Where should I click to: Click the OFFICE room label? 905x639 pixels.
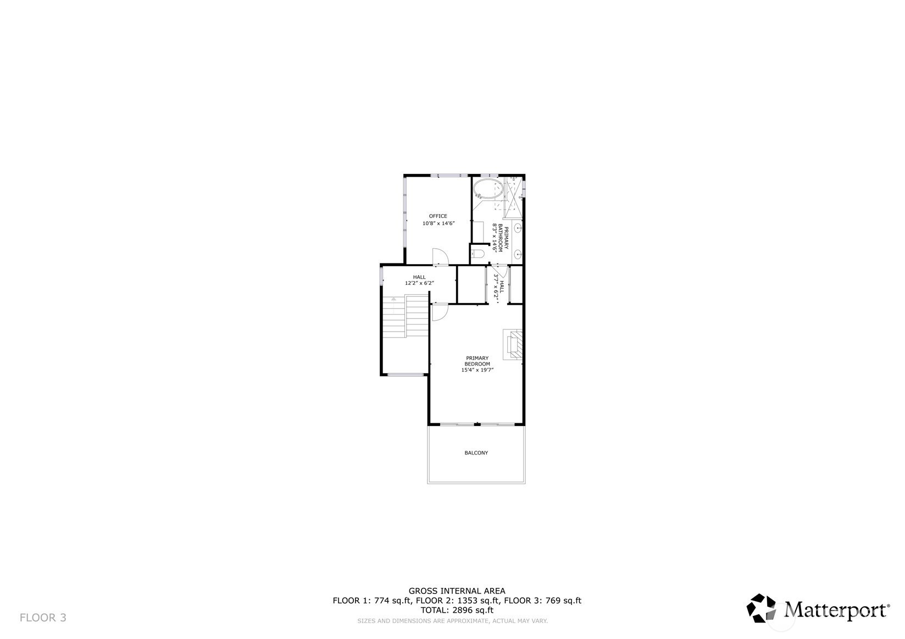click(438, 216)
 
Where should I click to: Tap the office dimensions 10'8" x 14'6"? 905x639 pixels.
click(439, 223)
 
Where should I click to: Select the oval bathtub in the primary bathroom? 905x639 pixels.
click(488, 189)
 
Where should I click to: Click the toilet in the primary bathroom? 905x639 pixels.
click(478, 254)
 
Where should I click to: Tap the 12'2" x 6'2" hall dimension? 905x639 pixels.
click(419, 283)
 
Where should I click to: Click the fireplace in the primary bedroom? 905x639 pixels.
click(513, 344)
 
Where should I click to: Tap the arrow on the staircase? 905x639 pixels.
click(394, 300)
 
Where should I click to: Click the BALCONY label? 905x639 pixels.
click(476, 453)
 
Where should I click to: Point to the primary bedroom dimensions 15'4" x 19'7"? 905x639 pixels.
click(478, 370)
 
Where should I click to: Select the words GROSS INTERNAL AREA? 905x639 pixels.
click(457, 591)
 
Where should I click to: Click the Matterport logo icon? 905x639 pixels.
click(761, 608)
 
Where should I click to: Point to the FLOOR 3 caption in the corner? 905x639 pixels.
click(43, 618)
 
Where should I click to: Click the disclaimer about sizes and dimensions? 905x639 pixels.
click(453, 621)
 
